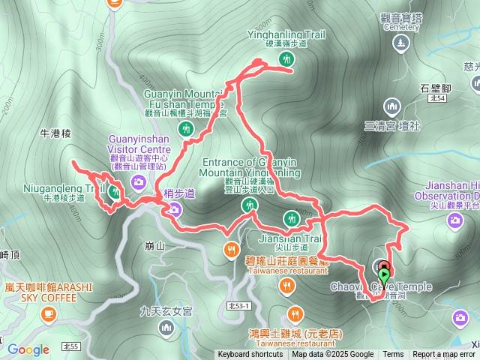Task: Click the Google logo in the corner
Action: (28, 349)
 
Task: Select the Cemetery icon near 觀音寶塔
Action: (400, 43)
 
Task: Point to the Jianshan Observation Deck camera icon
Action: (454, 220)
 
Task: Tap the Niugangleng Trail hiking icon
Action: (114, 191)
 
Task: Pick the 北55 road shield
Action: (71, 346)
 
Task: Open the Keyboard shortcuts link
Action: (250, 355)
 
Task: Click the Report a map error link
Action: (445, 355)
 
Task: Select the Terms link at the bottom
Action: (393, 355)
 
